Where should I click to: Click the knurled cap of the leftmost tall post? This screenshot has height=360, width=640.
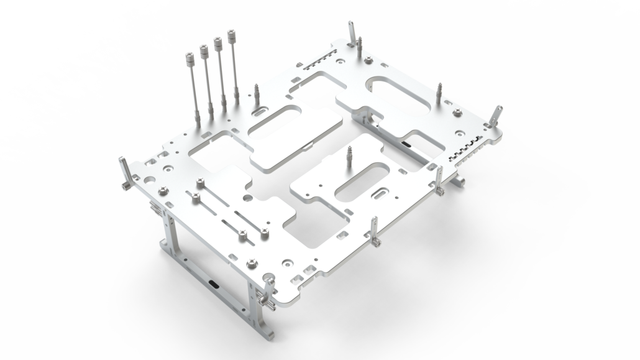188,59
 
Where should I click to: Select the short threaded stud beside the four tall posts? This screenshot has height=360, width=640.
256,93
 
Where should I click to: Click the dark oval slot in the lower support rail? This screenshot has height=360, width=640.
213,284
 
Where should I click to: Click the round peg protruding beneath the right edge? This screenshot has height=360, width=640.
460,182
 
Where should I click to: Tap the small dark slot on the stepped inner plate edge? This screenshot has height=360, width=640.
406,144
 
